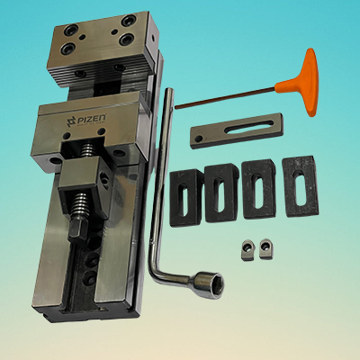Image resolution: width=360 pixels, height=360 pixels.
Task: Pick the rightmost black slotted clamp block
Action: click(x=301, y=186)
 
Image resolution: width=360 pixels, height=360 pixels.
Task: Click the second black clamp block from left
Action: click(x=220, y=193)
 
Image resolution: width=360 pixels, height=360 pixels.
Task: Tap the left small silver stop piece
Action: click(x=248, y=249)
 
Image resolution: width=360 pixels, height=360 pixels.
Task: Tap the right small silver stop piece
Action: click(x=265, y=248)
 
